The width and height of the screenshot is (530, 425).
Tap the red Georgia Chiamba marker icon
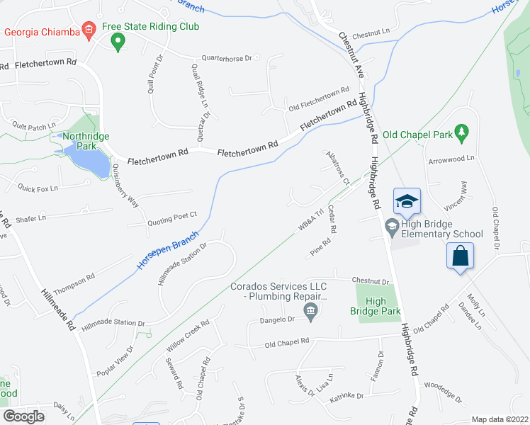point(89,30)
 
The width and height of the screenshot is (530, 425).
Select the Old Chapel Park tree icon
point(462,132)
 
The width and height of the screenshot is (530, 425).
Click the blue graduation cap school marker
point(407,201)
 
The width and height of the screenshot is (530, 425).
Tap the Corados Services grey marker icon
point(310,310)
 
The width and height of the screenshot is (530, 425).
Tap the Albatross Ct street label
point(337,167)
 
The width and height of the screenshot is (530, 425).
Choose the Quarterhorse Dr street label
point(227,58)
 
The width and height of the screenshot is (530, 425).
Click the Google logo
point(23,416)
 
